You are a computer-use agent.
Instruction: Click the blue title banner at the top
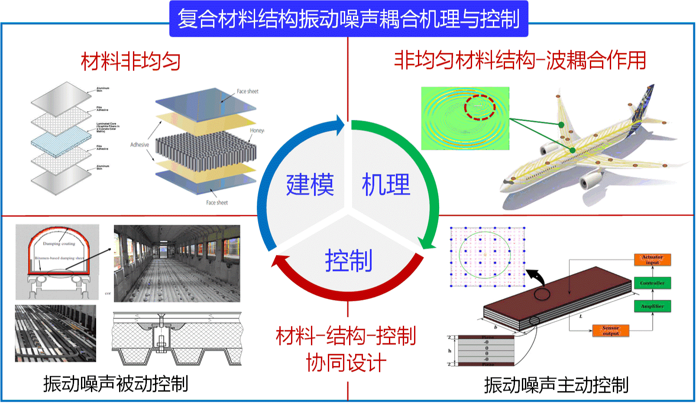[348, 19]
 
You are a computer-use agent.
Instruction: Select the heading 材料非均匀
[130, 61]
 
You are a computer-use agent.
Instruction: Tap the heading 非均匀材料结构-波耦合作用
[520, 60]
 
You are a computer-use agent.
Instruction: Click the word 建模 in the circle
[310, 185]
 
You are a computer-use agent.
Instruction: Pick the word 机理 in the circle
[386, 185]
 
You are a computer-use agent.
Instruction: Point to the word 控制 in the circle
[349, 261]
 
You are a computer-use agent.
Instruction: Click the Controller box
[652, 283]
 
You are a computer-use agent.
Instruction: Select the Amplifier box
[652, 306]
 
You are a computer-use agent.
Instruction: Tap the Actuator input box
[652, 260]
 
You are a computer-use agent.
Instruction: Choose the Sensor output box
[611, 331]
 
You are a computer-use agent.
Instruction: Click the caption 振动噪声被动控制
[116, 384]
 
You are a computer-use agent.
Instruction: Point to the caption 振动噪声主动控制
[556, 385]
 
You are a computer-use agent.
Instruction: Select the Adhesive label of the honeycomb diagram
[139, 145]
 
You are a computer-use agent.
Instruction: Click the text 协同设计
[346, 362]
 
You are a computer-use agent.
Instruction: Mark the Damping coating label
[59, 244]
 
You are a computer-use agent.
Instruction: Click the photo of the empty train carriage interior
[177, 263]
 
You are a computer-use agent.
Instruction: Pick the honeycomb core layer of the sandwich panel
[206, 149]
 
